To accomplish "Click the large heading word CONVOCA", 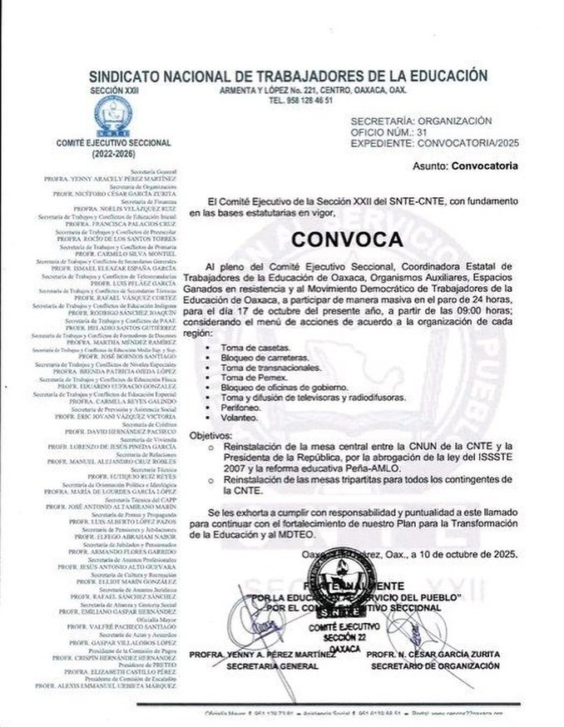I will (348, 239).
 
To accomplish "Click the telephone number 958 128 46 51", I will (301, 100).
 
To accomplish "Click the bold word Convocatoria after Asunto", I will (484, 166).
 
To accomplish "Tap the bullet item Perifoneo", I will (240, 408).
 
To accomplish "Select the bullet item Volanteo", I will (239, 419).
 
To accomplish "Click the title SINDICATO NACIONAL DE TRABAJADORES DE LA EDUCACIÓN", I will (288, 76).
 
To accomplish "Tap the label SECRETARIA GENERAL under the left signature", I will (262, 665).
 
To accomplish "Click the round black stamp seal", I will (340, 582).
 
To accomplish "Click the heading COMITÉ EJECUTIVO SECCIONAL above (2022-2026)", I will (114, 143).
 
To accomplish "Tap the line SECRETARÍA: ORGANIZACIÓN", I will (421, 121).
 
